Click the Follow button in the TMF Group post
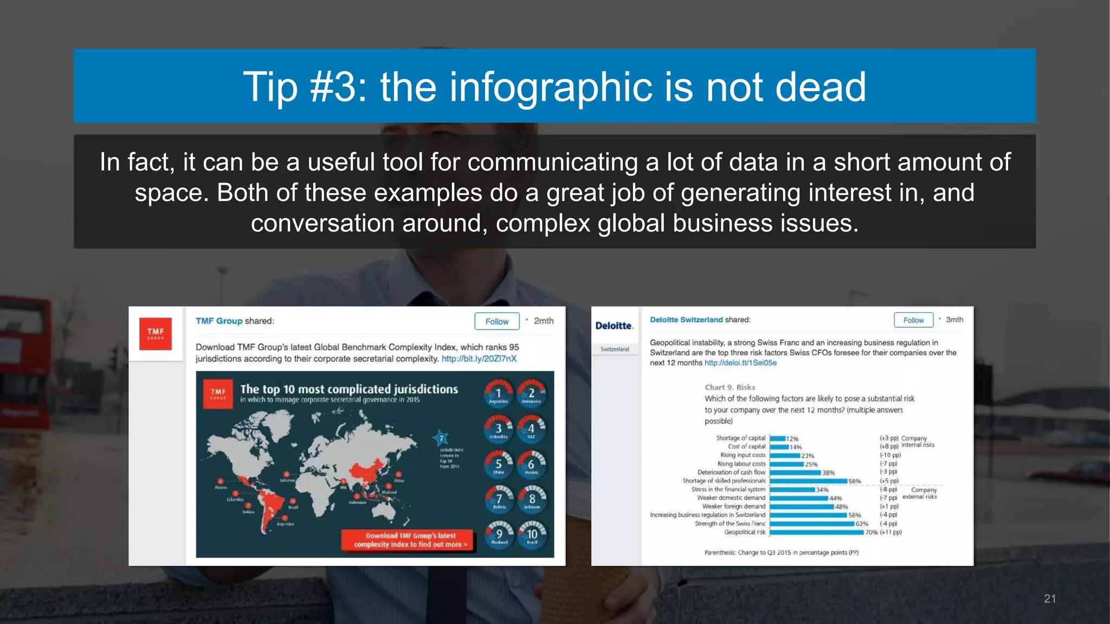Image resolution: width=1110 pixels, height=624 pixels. coord(496,321)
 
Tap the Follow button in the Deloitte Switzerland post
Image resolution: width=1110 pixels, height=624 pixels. coord(913,320)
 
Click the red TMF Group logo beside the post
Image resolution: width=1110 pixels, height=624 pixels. coord(156,334)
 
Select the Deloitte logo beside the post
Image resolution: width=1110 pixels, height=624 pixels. coord(614,326)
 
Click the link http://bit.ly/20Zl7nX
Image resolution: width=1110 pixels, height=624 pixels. coord(479,359)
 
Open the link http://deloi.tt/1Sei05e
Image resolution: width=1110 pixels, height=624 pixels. coord(740,363)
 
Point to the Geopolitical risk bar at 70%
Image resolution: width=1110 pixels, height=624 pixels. coord(816,532)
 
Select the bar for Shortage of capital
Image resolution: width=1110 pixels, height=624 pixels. coord(778,439)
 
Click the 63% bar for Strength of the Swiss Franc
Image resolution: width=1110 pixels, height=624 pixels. coord(812,524)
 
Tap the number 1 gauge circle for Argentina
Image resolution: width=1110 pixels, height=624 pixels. coord(498,394)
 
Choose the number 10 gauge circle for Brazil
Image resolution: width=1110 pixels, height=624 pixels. coord(532,535)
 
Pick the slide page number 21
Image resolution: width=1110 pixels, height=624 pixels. coord(1050,599)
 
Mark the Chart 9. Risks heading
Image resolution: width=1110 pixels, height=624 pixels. coord(730,387)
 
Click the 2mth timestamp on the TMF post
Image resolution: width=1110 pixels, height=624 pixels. coord(544,321)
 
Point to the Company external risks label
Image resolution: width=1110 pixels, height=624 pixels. coord(920,493)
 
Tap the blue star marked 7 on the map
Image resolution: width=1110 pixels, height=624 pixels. coord(441,438)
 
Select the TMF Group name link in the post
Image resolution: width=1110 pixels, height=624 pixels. coord(219,321)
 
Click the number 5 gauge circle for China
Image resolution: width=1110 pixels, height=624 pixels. coord(498,464)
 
